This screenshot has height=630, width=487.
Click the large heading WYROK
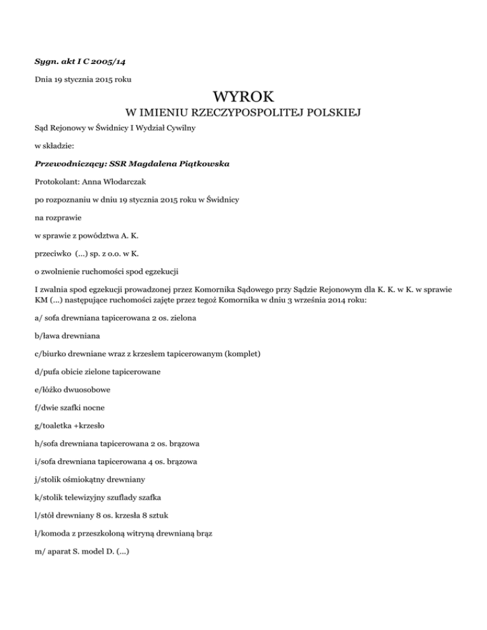pos(243,98)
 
